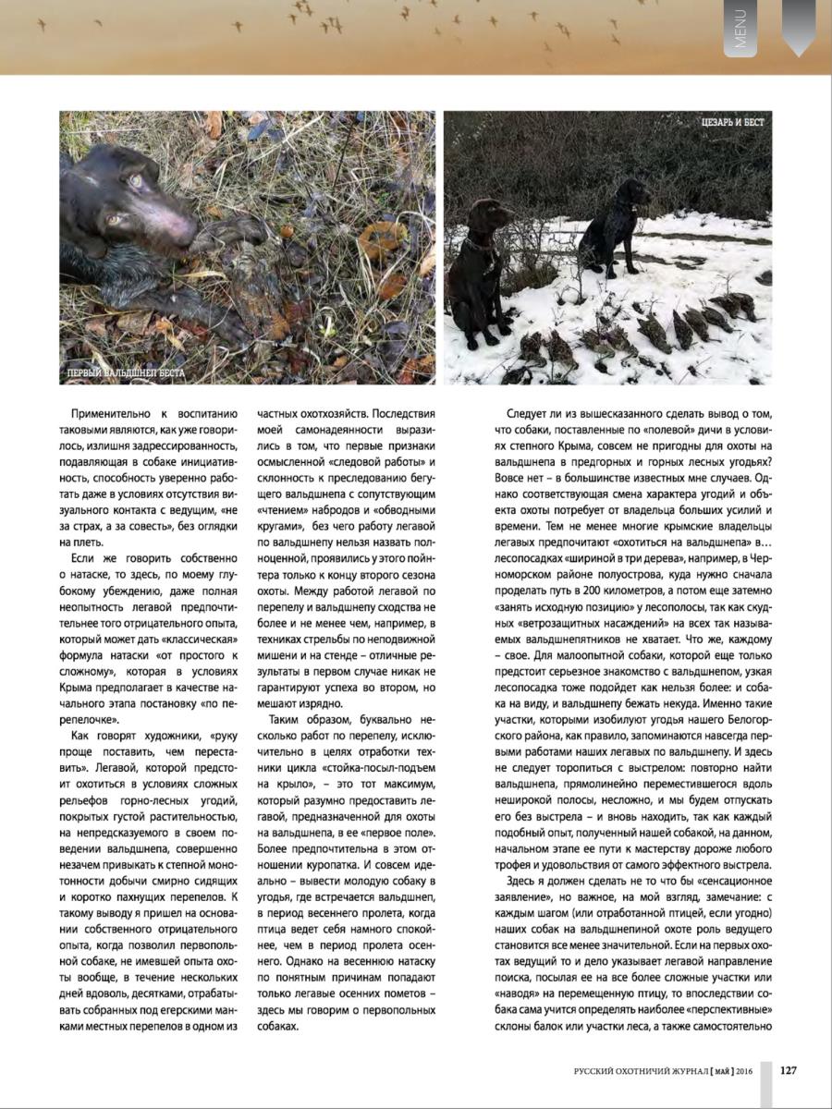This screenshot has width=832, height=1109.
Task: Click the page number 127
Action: coord(789,1070)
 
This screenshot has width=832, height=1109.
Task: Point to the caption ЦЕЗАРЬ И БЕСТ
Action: coord(732,123)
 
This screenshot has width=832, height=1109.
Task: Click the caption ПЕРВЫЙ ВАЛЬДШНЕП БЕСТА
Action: coord(127,373)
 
